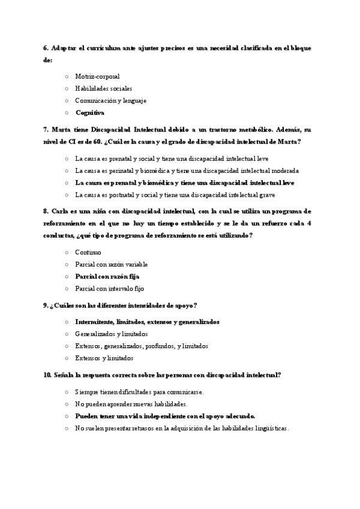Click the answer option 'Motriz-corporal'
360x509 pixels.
97,76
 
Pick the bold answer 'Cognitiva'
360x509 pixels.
90,112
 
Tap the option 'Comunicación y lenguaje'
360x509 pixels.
110,100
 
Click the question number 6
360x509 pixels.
46,47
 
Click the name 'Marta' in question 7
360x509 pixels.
62,130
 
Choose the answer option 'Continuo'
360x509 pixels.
88,252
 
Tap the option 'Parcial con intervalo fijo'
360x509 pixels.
110,288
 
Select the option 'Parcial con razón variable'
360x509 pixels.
111,264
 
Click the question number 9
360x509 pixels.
46,305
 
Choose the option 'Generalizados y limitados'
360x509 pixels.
111,334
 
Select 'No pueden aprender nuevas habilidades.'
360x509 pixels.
131,404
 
